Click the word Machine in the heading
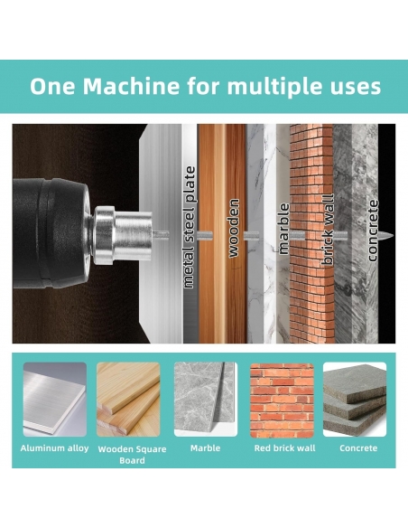132,86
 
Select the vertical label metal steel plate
190,227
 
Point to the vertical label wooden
234,229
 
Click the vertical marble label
284,229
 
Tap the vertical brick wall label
329,230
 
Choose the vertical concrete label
373,231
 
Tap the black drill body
51,233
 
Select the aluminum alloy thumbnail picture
55,400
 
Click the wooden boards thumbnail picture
128,400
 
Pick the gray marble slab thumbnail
206,400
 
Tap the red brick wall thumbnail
282,400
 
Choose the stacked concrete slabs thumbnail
355,400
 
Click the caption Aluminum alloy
54,448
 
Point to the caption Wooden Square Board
132,455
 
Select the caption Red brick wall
284,448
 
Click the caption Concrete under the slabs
358,448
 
